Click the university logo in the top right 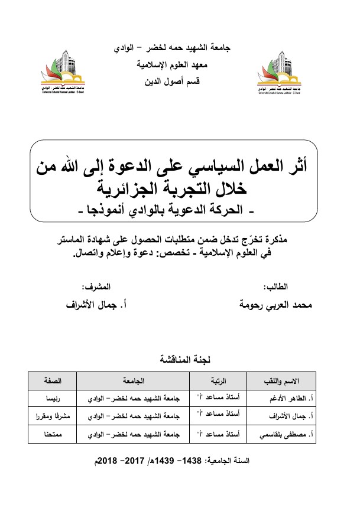coord(281,74)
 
